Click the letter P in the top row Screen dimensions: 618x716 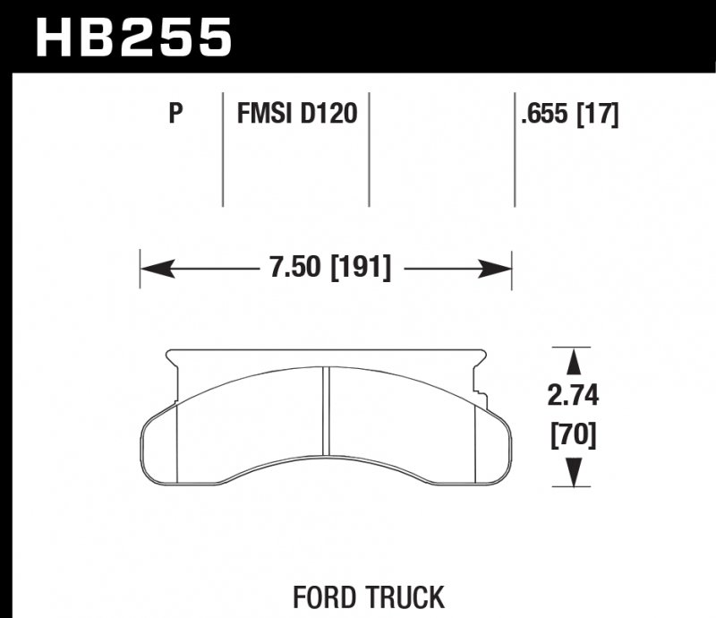[x=175, y=114]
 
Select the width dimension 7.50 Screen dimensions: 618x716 [x=296, y=269]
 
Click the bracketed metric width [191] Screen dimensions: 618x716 [x=361, y=269]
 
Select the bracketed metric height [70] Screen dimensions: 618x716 [x=573, y=436]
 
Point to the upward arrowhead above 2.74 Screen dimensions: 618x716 [x=573, y=363]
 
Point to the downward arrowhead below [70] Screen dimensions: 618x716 [x=573, y=472]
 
